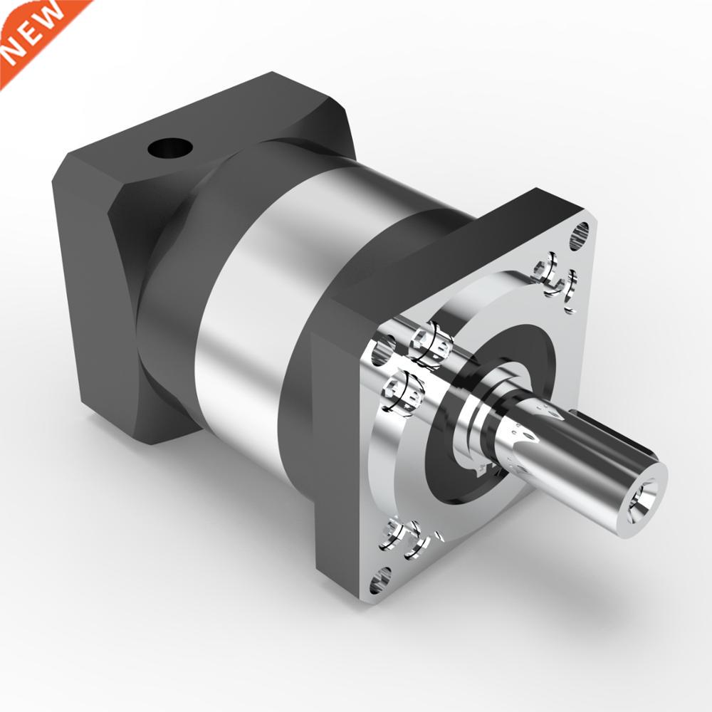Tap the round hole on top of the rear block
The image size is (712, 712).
171,149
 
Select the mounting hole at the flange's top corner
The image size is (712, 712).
581,233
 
